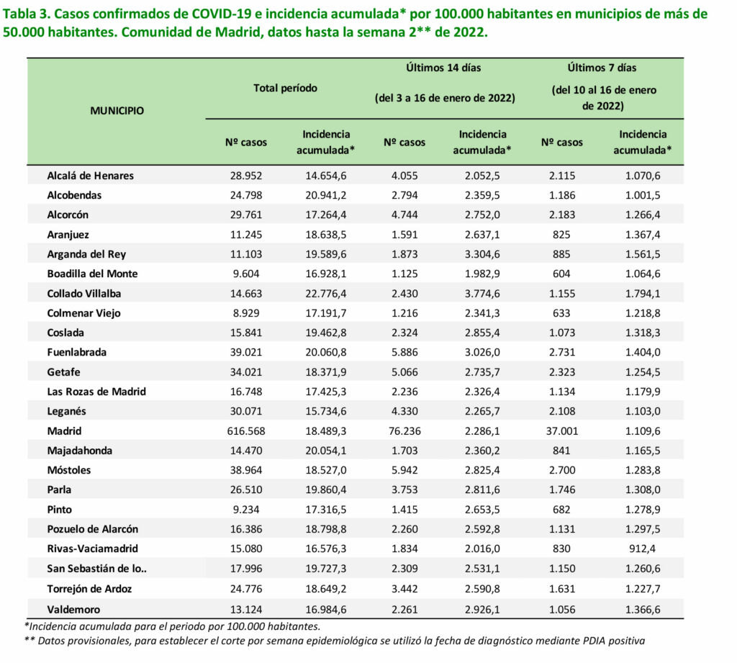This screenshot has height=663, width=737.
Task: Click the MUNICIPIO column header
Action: pos(117,111)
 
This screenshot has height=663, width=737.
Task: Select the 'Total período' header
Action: pos(285,89)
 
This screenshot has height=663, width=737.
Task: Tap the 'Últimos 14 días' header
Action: pos(443,68)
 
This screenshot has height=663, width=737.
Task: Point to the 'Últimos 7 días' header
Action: pos(602,68)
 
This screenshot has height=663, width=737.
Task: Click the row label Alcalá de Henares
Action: pos(90,176)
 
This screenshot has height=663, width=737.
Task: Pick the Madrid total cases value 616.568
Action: pos(246,431)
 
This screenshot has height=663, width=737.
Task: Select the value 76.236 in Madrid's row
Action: pos(404,431)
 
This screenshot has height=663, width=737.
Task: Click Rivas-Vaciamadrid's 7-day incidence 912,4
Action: pos(643,549)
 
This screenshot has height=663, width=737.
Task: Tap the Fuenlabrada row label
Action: pos(76,352)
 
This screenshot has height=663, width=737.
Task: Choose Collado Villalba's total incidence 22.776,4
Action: pos(326,294)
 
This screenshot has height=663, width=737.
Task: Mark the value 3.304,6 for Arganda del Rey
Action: pos(482,254)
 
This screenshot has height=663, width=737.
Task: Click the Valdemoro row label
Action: pos(73,610)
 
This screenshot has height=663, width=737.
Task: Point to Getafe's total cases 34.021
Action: pos(246,372)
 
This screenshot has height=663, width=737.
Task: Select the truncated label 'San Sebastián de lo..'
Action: pos(97,569)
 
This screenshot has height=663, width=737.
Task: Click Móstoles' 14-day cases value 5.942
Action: pos(404,470)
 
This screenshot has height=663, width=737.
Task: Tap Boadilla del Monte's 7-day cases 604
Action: pos(561,274)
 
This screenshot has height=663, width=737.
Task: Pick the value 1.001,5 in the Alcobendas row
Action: pos(643,196)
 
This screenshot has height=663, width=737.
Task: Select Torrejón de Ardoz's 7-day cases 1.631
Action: pos(561,589)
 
